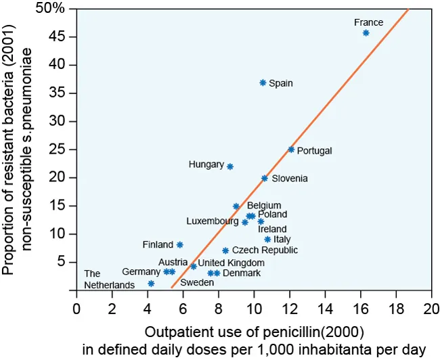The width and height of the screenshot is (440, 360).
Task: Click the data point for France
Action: (366, 33)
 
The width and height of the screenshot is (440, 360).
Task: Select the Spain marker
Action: (263, 83)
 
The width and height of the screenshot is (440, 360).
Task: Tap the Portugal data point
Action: (291, 150)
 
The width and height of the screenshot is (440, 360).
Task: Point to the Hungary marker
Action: (230, 166)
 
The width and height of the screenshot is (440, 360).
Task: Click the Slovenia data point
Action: (265, 179)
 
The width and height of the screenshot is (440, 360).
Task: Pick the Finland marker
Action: (180, 245)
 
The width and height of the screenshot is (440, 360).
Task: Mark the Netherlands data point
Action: (151, 284)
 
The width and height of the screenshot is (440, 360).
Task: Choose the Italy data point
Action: (268, 240)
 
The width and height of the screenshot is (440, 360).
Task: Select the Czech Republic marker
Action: (225, 250)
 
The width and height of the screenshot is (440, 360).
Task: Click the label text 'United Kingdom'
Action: (231, 263)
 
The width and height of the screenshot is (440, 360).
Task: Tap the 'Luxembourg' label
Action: (213, 221)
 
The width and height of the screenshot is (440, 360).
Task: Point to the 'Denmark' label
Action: (241, 273)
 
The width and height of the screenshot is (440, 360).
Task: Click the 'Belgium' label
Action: (264, 206)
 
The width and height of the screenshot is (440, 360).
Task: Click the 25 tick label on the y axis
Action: (58, 150)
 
